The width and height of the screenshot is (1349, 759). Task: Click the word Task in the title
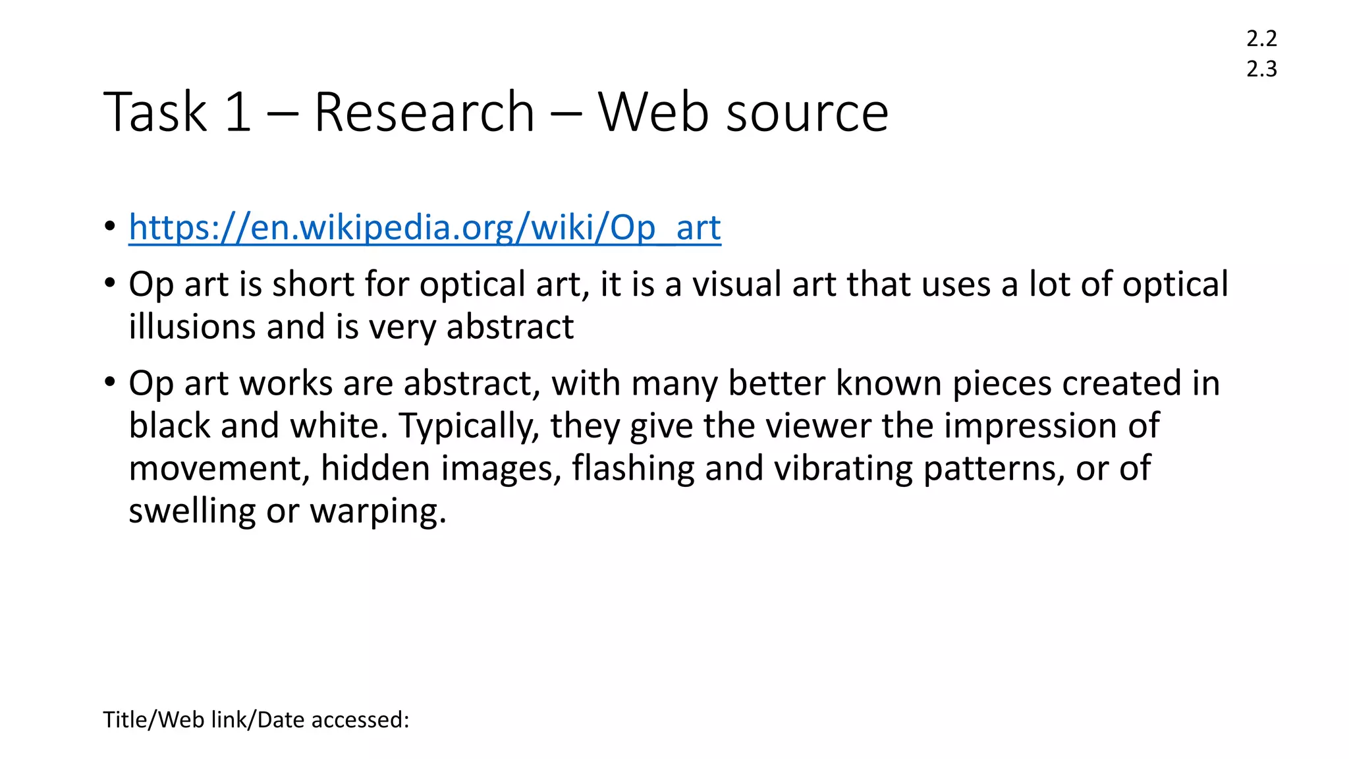155,112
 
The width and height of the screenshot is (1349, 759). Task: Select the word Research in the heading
424,112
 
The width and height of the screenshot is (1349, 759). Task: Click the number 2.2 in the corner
1261,38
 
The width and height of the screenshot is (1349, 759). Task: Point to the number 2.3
1261,69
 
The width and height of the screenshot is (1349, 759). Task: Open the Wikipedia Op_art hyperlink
425,227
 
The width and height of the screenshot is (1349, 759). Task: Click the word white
335,426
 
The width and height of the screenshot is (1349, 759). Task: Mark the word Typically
469,426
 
